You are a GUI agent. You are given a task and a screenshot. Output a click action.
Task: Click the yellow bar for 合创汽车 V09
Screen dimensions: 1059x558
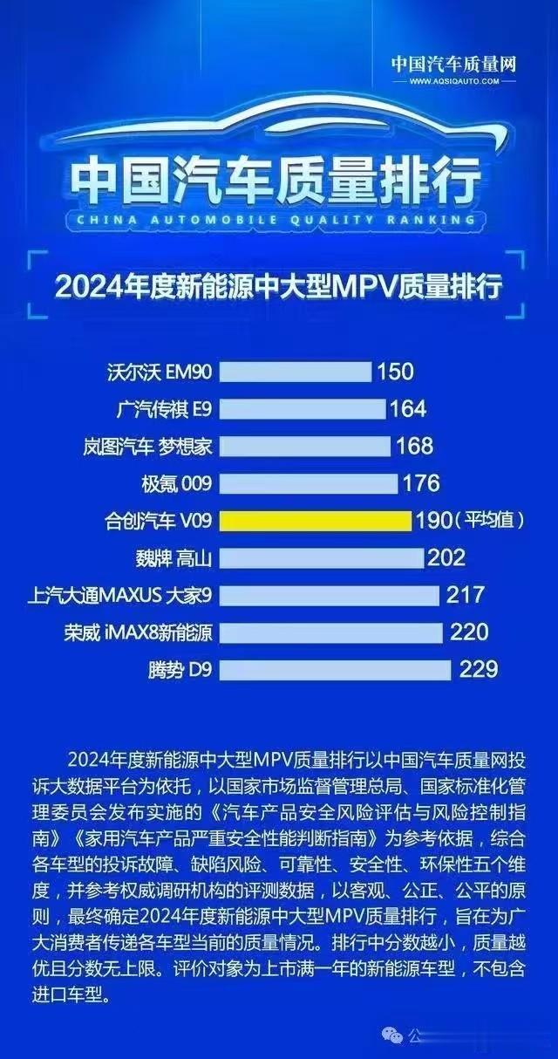[315, 521]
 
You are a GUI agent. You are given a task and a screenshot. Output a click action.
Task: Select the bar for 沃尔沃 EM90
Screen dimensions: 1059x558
[295, 372]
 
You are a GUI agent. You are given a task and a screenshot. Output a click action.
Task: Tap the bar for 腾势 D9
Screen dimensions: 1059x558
[335, 669]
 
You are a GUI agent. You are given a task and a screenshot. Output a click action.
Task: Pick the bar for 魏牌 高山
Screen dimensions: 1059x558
[321, 557]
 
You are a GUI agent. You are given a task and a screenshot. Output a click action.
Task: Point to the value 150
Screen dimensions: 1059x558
[395, 372]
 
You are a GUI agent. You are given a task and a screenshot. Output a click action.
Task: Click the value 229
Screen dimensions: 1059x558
[479, 669]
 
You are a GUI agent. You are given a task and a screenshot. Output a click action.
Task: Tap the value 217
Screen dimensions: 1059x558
[465, 595]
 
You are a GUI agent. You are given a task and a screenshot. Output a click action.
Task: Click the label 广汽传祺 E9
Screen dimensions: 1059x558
[164, 409]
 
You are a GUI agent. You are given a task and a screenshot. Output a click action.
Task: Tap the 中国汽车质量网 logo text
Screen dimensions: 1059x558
[453, 64]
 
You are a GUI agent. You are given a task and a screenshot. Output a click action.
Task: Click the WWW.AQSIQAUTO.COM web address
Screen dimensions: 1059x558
[453, 80]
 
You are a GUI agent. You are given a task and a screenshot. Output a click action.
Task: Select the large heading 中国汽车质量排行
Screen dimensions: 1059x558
[276, 181]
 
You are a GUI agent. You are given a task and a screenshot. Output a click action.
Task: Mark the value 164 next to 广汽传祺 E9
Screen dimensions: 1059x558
[408, 409]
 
